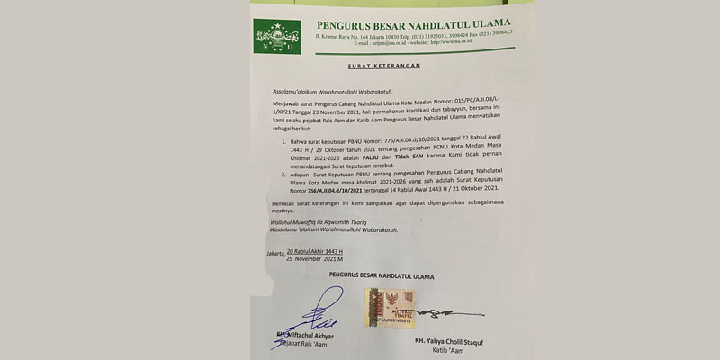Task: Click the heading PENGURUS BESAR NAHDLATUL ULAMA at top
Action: (x=413, y=22)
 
